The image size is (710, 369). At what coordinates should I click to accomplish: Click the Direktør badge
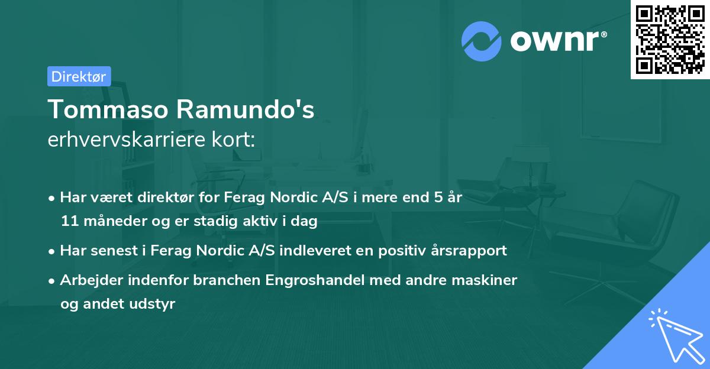(x=79, y=76)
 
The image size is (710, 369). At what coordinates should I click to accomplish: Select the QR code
(x=669, y=39)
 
